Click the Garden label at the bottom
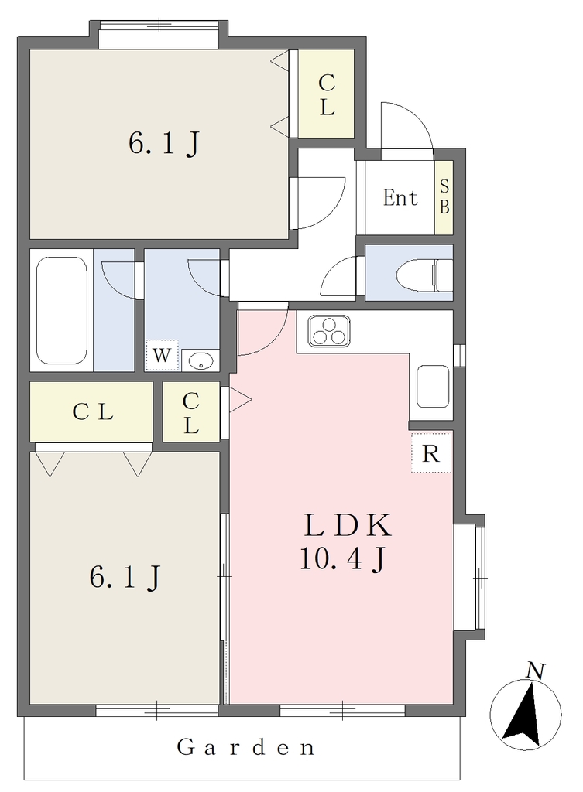click(246, 747)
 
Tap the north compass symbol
click(526, 707)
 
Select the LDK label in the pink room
click(348, 525)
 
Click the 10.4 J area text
click(343, 559)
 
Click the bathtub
click(62, 310)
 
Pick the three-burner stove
click(329, 331)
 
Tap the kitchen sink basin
click(433, 387)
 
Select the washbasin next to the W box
click(201, 360)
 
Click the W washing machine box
click(162, 356)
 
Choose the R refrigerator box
click(430, 453)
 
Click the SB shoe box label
click(444, 197)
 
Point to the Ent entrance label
click(400, 197)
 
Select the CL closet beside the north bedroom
click(326, 94)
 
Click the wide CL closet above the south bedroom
click(91, 411)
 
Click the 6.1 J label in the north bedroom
click(163, 143)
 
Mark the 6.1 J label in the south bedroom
click(125, 576)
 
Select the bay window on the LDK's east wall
click(469, 577)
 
